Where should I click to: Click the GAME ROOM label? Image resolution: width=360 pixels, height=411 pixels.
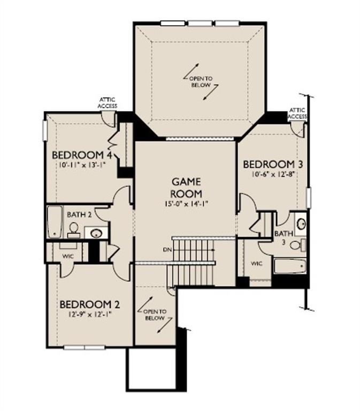tap(186, 188)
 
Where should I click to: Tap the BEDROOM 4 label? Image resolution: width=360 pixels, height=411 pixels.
tap(82, 155)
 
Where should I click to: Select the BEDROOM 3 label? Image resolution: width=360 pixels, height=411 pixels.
tap(273, 165)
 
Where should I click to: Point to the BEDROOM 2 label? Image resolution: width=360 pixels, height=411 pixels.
tap(90, 305)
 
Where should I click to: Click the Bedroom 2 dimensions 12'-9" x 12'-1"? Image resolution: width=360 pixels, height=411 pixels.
tap(90, 314)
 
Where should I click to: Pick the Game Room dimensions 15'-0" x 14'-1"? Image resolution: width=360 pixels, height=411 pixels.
tap(186, 203)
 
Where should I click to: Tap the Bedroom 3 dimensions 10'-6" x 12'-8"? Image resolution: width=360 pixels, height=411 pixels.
tap(273, 174)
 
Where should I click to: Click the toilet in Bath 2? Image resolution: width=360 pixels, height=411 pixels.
tap(74, 230)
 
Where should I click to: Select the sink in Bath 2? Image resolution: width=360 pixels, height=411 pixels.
tap(96, 233)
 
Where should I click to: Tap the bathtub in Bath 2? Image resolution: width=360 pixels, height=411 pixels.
tap(55, 222)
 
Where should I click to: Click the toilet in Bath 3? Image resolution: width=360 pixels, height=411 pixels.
tap(298, 245)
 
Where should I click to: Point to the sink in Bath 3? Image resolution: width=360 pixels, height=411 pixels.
tap(301, 224)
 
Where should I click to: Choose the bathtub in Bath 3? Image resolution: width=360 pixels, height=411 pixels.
tap(290, 266)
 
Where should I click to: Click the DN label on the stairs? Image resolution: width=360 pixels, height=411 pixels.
tap(167, 250)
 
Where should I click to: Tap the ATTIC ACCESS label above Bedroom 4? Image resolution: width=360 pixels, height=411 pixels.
tap(107, 103)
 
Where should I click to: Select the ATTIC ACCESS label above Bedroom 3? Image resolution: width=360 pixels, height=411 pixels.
tap(297, 113)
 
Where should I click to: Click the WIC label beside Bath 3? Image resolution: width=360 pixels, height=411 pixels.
tap(257, 263)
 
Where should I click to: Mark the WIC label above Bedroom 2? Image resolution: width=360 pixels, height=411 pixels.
tap(68, 256)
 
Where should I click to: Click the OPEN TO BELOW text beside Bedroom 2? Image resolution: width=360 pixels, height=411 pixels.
tap(155, 315)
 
